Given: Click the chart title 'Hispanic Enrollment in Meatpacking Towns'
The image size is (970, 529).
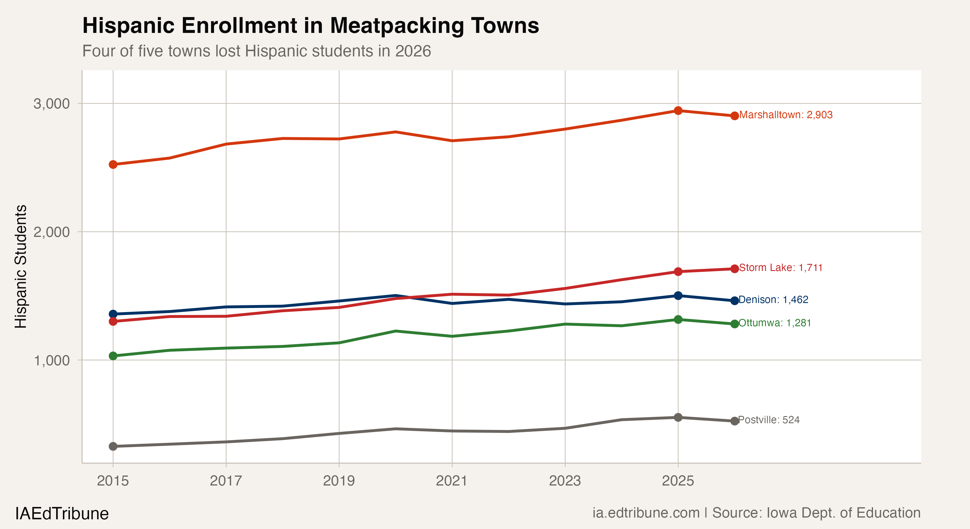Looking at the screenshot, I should click(310, 26).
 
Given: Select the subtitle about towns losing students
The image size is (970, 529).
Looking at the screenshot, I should click(256, 51).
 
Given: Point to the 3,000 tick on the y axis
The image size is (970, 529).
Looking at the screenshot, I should click(52, 103).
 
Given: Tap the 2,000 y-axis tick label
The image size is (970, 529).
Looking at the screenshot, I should click(52, 232).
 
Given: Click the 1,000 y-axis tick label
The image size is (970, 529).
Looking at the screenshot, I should click(52, 360).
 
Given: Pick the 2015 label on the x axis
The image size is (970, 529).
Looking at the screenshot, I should click(113, 481).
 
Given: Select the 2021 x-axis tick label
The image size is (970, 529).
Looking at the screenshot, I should click(451, 481).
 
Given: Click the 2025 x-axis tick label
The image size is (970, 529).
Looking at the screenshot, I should click(678, 481).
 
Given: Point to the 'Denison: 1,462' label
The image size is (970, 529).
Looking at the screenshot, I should click(773, 300).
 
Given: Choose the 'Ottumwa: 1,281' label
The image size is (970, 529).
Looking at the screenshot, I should click(775, 323).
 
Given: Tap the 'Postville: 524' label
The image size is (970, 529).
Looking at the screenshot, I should click(769, 420).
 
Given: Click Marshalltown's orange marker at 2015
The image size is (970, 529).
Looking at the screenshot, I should click(113, 165).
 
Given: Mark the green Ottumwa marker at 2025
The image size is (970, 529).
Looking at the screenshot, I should click(678, 320).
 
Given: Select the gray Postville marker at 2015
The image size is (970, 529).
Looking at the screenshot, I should click(113, 446).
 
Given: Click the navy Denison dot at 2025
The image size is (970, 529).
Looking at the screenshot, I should click(678, 296).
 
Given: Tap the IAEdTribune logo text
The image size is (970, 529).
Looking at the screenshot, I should click(62, 513).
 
